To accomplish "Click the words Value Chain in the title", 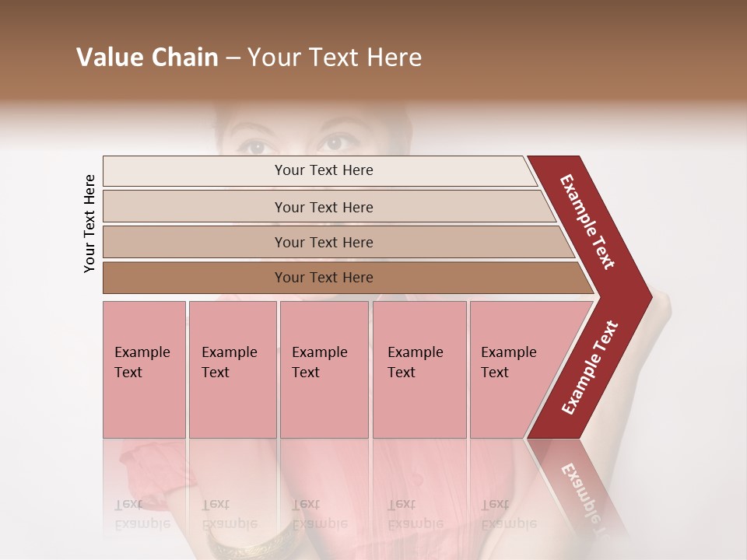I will [147, 58].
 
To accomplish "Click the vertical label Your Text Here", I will [89, 223].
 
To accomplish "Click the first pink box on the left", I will [144, 369].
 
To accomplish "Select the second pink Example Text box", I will [232, 369].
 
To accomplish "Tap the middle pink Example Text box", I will [324, 369].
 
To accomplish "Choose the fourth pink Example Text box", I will [419, 369].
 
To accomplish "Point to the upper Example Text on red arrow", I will [587, 222].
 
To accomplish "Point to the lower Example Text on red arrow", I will [589, 368].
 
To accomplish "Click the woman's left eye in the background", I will [252, 145].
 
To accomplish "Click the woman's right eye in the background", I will [336, 143].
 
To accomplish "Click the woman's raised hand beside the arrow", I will [661, 311].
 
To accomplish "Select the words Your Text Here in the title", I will [335, 58].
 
